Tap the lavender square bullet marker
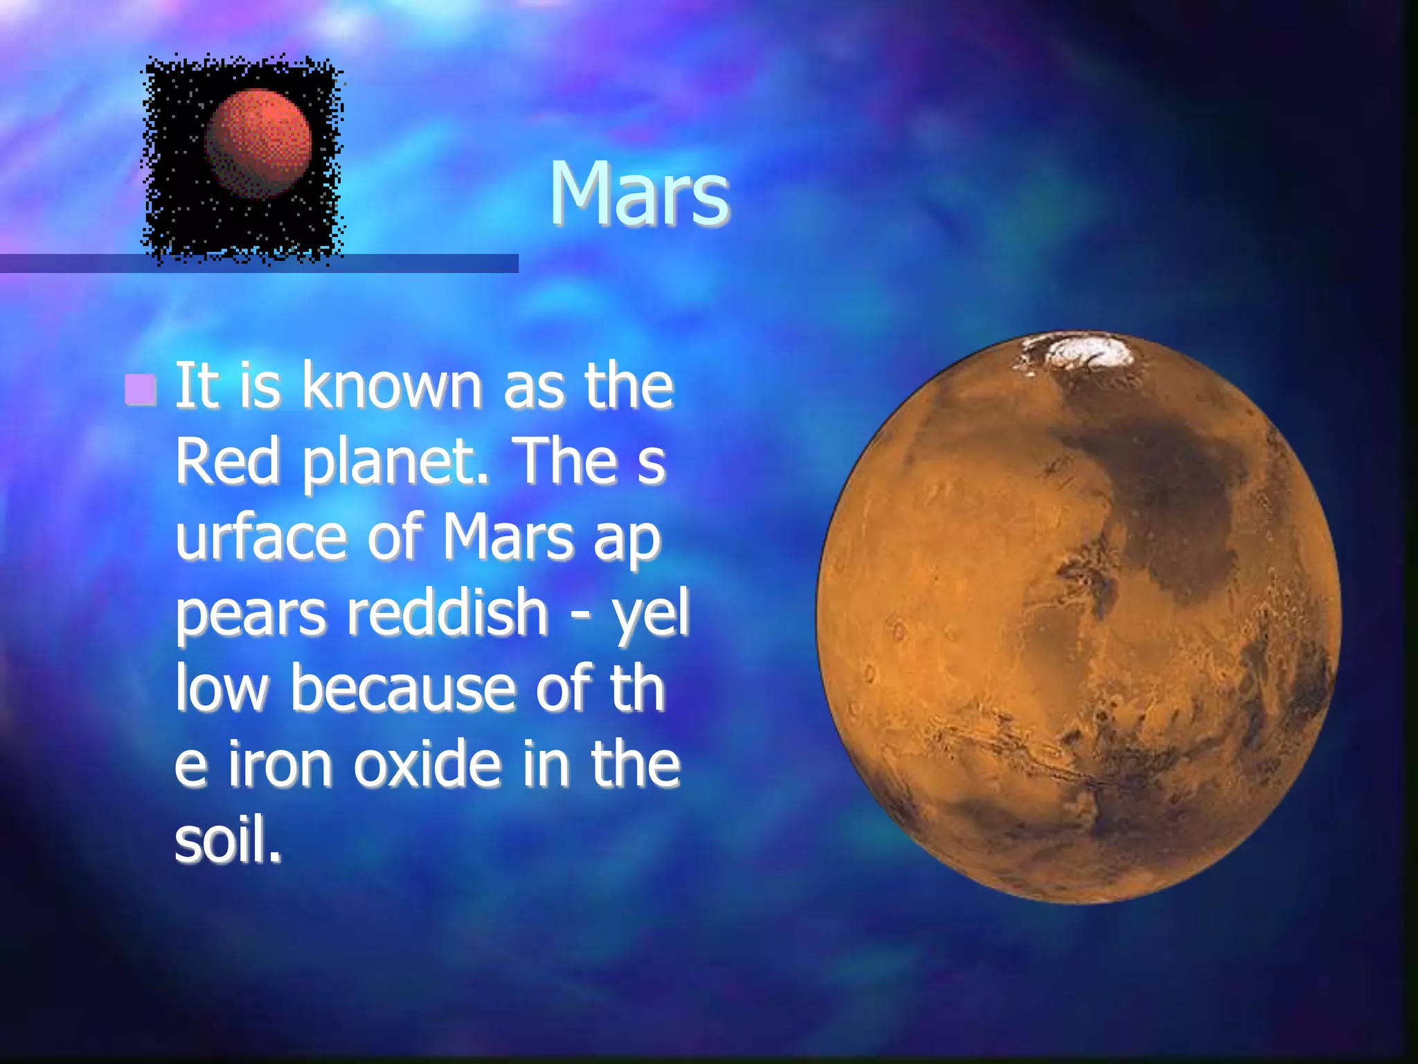141,389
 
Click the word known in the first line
391,386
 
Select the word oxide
427,764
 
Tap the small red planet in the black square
258,143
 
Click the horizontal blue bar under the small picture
429,263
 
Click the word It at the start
196,386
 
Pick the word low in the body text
221,689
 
